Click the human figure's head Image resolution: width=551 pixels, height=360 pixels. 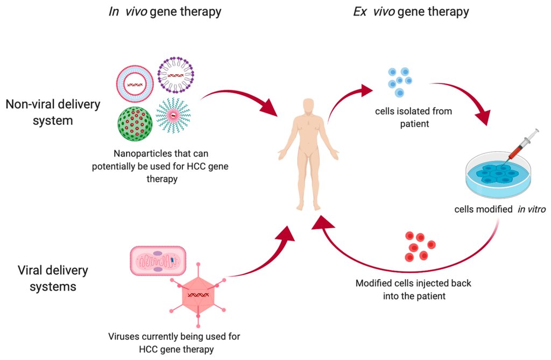[x=308, y=106]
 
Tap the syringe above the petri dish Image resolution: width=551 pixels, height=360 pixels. [x=521, y=146]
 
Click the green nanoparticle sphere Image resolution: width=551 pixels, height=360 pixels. [x=135, y=124]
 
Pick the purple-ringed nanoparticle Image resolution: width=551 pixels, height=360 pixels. [x=176, y=75]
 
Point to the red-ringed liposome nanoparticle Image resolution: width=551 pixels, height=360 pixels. [x=135, y=83]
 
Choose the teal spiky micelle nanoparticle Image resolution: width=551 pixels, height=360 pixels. [x=173, y=115]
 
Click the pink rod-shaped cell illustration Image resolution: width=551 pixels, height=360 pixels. [x=158, y=260]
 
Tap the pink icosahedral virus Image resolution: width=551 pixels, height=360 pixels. [x=198, y=295]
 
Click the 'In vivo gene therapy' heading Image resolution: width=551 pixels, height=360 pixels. [x=165, y=12]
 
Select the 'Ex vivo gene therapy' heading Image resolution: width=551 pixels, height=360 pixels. [x=411, y=12]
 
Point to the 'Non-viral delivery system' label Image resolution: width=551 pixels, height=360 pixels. [x=53, y=112]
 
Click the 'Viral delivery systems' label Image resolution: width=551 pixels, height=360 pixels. [x=53, y=278]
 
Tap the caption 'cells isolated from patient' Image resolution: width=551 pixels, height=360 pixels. [x=414, y=117]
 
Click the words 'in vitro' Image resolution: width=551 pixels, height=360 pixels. [x=532, y=209]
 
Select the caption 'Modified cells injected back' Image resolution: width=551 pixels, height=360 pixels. [x=413, y=283]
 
